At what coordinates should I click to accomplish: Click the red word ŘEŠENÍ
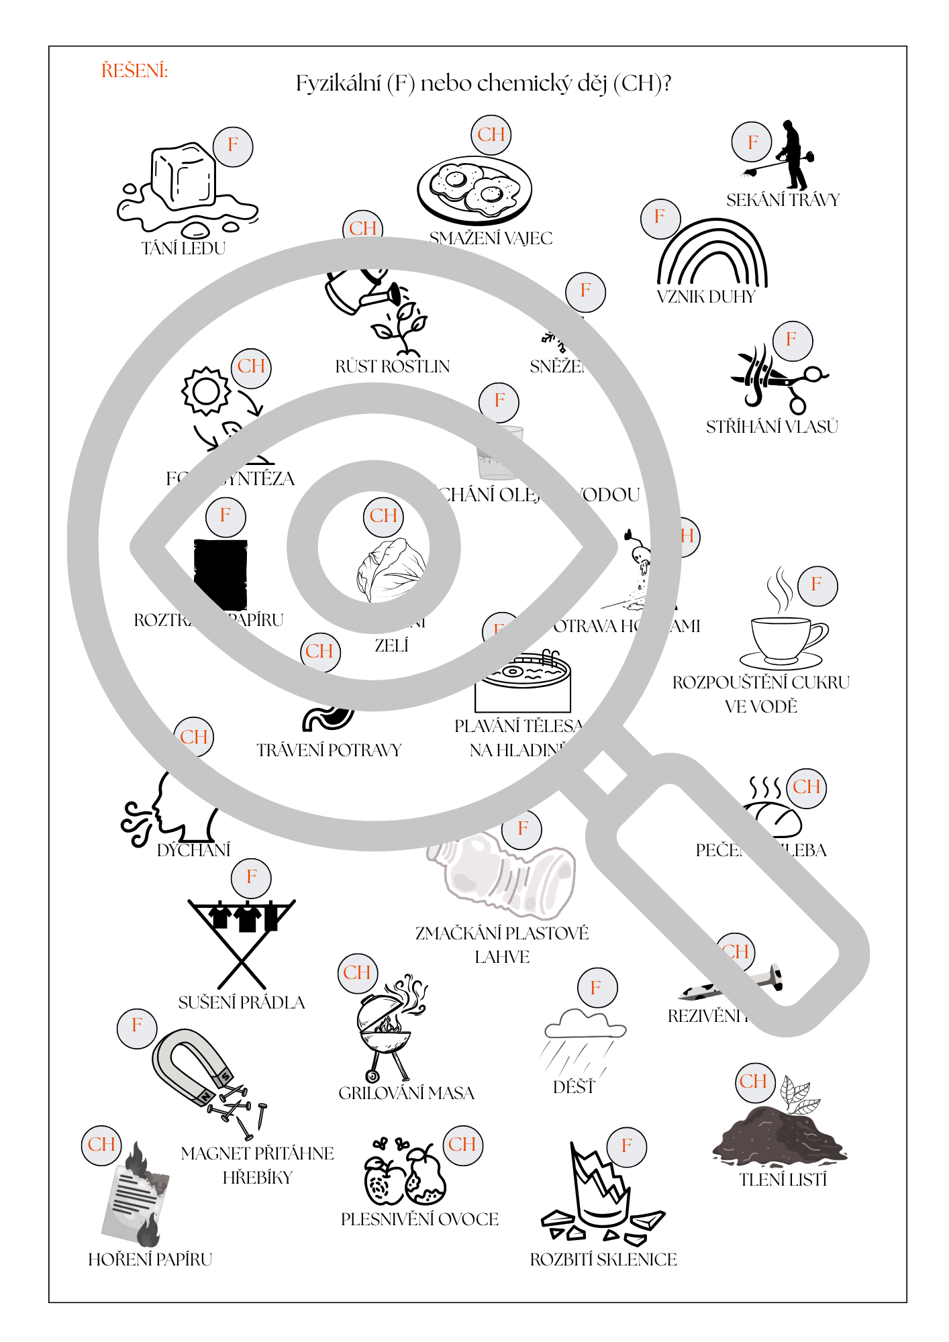(134, 70)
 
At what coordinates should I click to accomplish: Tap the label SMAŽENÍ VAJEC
(491, 238)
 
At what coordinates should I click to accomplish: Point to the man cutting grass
(792, 156)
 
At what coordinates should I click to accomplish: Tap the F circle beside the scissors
(792, 340)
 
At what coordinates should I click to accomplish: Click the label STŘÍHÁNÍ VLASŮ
(772, 427)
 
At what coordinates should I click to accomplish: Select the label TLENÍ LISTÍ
(783, 1180)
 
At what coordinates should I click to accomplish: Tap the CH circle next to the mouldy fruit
(462, 1145)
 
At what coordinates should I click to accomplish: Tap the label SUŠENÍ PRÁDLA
(242, 1002)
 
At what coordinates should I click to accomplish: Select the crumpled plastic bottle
(503, 876)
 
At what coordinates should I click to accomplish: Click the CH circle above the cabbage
(383, 516)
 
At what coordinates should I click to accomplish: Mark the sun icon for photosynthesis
(206, 391)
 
